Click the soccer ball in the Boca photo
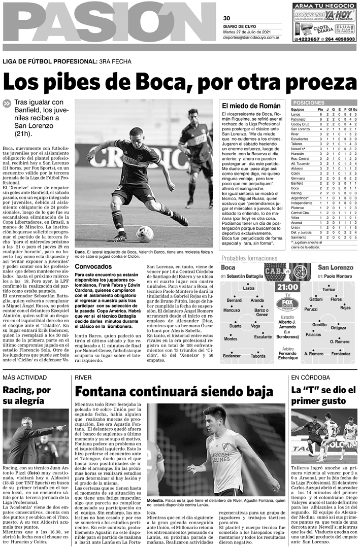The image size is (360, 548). pyautogui.click(x=145, y=233)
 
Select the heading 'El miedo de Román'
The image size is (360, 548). pyautogui.click(x=251, y=106)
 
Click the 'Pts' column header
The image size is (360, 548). pyautogui.click(x=320, y=109)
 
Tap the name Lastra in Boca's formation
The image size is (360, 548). pyautogui.click(x=249, y=288)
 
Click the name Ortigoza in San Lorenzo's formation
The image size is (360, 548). pyautogui.click(x=338, y=328)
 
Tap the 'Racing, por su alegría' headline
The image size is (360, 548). pyautogui.click(x=26, y=396)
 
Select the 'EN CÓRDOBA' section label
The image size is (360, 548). pyautogui.click(x=307, y=378)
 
